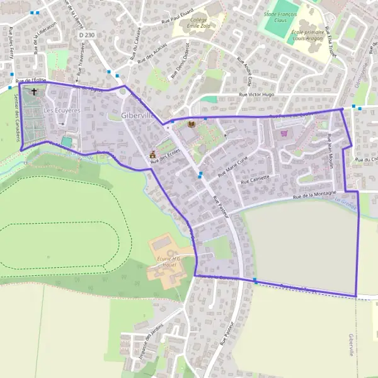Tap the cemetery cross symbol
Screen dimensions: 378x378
[x=33, y=92]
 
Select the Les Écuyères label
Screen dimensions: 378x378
[x=62, y=110]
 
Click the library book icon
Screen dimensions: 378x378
[x=192, y=125]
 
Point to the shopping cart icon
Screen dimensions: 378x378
[x=283, y=133]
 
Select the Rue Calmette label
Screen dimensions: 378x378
[x=255, y=179]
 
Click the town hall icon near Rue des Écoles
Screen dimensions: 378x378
[x=152, y=154]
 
